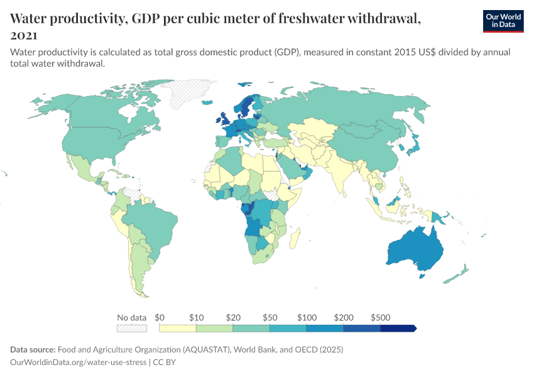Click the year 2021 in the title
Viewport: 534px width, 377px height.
[x=23, y=36]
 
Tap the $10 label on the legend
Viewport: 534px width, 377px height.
[x=197, y=317]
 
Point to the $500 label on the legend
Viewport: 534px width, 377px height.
[x=381, y=317]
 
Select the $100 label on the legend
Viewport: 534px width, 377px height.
[x=307, y=317]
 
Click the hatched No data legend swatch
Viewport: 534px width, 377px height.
[x=131, y=328]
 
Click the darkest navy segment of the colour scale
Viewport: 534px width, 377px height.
[x=398, y=328]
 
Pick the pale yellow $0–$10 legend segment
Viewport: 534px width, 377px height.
[x=178, y=328]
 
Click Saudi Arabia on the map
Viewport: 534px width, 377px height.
[x=291, y=165]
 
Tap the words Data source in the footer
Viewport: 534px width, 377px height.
[x=33, y=349]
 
